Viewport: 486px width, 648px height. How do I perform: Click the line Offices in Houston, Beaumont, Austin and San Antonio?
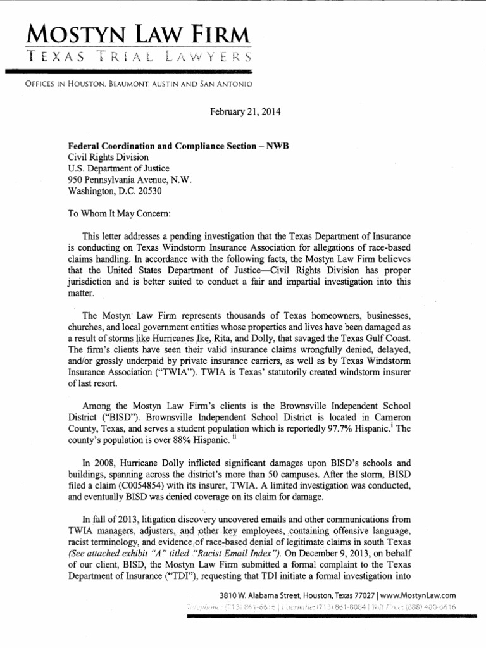coord(128,84)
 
